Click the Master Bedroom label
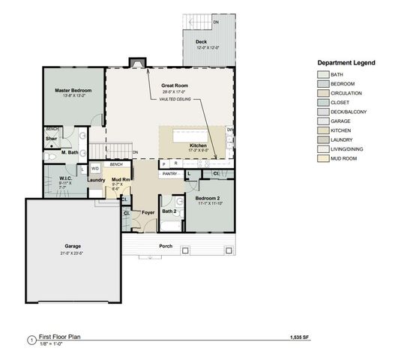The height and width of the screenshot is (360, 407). (x=72, y=91)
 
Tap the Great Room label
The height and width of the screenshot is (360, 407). (x=174, y=85)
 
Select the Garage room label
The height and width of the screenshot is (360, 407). (x=73, y=246)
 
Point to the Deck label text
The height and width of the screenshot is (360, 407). (x=201, y=42)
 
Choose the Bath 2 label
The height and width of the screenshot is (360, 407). (x=169, y=211)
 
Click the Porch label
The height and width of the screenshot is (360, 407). (x=165, y=246)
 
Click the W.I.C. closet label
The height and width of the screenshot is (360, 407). (x=64, y=178)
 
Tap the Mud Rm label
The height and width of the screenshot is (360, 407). (x=121, y=180)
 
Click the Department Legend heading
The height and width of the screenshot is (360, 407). (x=346, y=63)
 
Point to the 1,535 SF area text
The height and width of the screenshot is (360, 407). (x=300, y=339)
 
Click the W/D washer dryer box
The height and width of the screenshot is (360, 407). (x=95, y=169)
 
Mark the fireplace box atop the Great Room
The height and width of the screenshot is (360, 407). (x=135, y=63)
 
